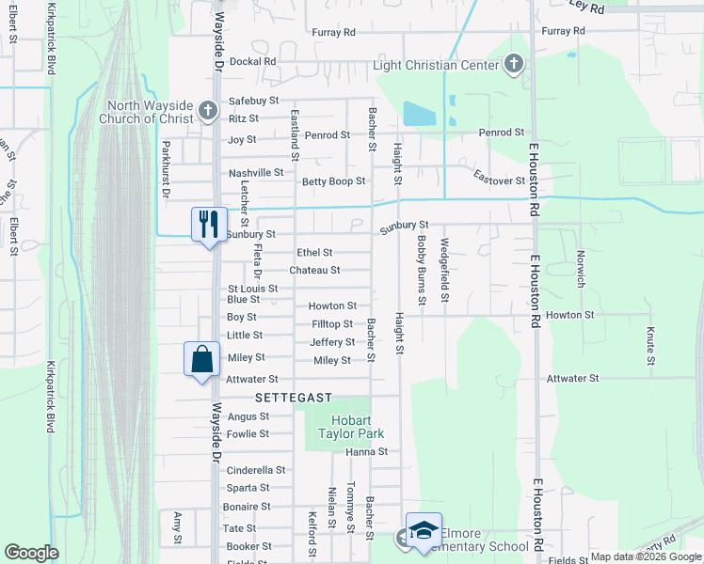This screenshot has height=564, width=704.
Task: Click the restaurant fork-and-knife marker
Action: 208,224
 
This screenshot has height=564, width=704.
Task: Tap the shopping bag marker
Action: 202,358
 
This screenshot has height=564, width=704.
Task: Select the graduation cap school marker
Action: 424,530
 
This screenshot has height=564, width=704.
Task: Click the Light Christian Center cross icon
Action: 513,64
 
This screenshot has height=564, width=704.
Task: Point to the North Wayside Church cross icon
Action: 208,112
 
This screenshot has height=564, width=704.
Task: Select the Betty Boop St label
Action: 332,181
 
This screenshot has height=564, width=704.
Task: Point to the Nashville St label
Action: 256,173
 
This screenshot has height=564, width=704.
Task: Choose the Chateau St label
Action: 314,271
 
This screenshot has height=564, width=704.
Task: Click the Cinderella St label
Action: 256,470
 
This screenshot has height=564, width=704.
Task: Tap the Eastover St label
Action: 498,180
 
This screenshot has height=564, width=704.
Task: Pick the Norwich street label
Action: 582,268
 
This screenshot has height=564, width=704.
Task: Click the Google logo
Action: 31,553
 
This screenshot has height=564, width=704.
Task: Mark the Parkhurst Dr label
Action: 165,169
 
